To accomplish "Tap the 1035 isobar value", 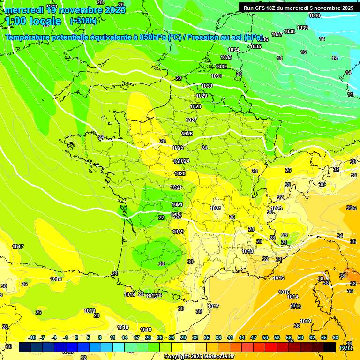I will (255, 46).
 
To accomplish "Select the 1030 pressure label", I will (207, 86).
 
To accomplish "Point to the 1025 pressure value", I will (178, 148).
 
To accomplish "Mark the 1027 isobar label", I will (191, 120).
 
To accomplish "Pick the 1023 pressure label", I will (180, 173).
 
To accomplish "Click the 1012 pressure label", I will (306, 321).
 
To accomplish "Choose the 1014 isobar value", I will (292, 297).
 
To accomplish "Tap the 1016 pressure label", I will (278, 278).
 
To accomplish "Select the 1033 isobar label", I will (226, 57).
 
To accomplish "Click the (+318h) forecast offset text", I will (83, 21).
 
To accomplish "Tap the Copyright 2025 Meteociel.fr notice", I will (199, 356).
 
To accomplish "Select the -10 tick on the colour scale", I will (32, 337).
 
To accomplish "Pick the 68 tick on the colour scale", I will (336, 337).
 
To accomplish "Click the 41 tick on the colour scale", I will (230, 337).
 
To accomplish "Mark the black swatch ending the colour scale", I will (330, 347).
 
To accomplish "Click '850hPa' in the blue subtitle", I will (153, 37).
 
